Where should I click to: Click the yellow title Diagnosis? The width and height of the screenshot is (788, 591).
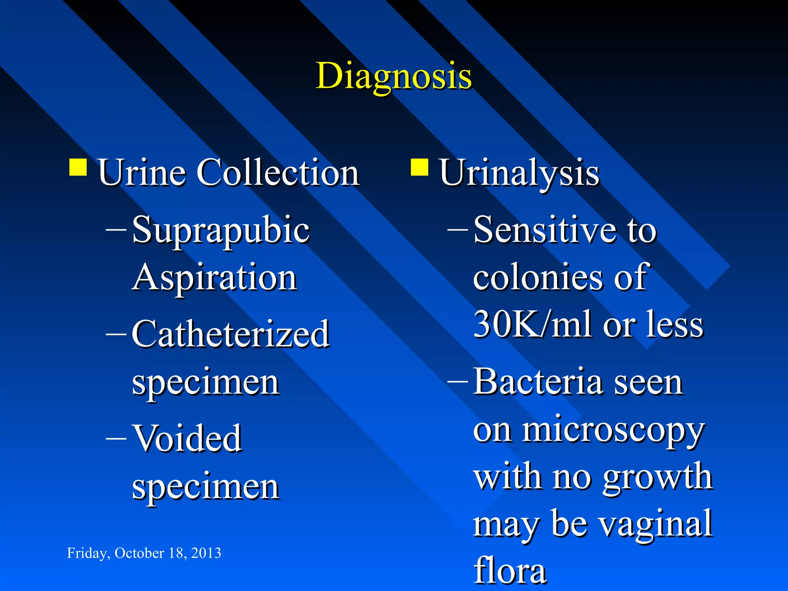(x=393, y=76)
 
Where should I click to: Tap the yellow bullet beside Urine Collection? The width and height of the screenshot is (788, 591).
(x=78, y=167)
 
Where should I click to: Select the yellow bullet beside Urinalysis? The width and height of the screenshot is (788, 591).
(x=419, y=167)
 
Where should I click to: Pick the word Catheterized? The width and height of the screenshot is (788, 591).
(x=230, y=334)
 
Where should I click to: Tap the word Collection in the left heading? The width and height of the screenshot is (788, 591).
(x=278, y=172)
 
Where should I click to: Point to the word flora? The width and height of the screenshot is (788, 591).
(x=509, y=570)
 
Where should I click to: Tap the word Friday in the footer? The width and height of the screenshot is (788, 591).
(x=87, y=553)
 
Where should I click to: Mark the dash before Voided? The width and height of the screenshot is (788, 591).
(x=116, y=439)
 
